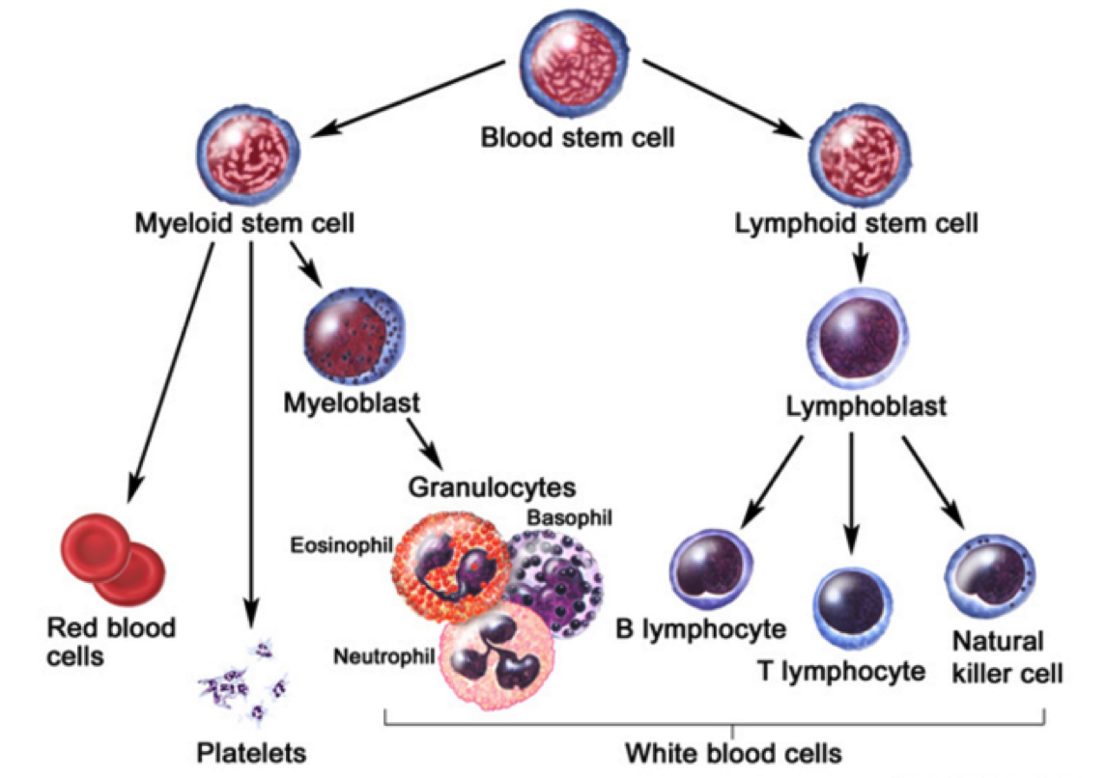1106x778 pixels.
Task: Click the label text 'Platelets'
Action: (251, 751)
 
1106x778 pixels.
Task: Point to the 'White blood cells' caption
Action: (733, 751)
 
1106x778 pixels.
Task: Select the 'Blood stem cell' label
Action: (578, 137)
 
